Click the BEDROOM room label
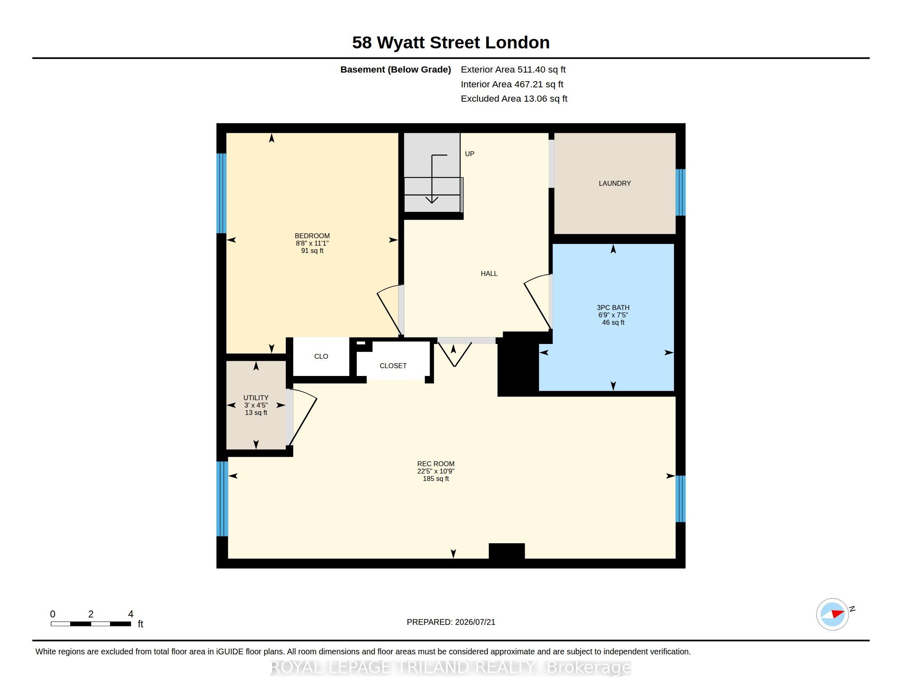(312, 236)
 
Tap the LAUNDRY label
(615, 183)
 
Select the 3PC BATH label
(613, 307)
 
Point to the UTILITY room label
(256, 398)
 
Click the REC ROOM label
(436, 464)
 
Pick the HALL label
(489, 273)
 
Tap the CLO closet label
(321, 356)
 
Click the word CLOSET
(393, 366)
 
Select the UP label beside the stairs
(469, 154)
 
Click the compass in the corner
(833, 614)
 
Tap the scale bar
(91, 624)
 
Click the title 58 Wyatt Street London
(451, 43)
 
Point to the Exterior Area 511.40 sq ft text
(513, 69)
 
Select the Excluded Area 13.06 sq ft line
(514, 99)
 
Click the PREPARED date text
(451, 622)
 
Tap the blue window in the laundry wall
(680, 192)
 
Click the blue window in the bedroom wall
(221, 194)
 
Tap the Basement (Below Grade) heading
(395, 69)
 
